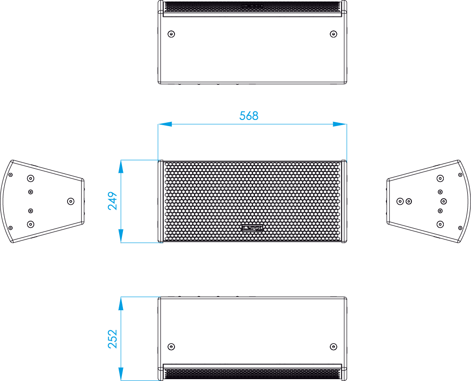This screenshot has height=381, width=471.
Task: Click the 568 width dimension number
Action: point(249,116)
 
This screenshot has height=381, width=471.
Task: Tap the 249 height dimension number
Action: point(113,201)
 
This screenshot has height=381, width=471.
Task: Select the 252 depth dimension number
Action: point(113,339)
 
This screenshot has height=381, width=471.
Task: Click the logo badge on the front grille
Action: point(252,228)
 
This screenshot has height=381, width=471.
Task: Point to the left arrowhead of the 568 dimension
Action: point(165,124)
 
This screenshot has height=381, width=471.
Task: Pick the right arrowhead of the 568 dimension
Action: point(340,124)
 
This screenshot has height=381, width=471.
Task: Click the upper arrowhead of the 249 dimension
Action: point(121,167)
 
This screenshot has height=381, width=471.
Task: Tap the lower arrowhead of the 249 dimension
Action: point(121,236)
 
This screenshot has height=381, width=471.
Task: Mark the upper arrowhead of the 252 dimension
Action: point(121,304)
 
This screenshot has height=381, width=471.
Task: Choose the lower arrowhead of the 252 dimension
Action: point(121,374)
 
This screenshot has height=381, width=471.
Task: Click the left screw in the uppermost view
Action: point(171,34)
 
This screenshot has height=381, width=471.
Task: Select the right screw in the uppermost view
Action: point(334,34)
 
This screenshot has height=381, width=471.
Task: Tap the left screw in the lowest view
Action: point(171,347)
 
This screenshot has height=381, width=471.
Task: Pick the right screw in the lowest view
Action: point(334,347)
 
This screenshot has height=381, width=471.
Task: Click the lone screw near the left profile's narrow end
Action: point(70,202)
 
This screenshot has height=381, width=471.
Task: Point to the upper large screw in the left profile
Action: point(30,179)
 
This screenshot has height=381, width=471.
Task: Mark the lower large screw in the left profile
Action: point(30,224)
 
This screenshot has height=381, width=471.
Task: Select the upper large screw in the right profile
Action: point(441,179)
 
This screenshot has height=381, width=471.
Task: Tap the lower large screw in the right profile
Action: point(441,224)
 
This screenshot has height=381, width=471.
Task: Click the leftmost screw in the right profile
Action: point(400,202)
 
